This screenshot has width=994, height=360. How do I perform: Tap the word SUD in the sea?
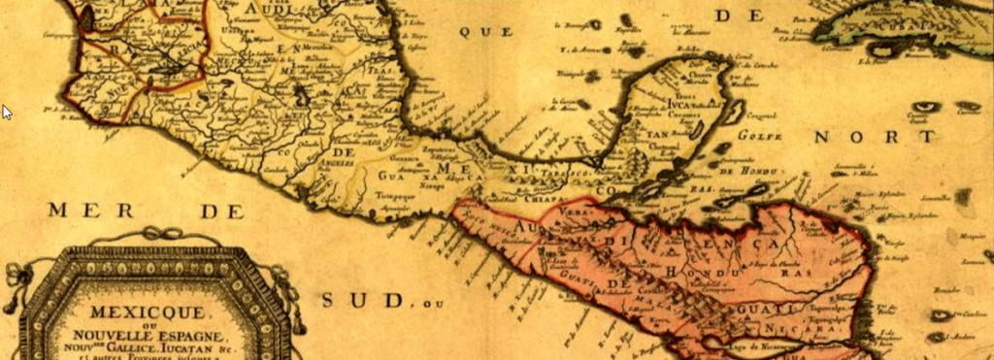[361, 300]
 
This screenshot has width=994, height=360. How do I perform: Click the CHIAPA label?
[546, 189]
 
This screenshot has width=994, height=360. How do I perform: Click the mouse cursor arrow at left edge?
[6, 111]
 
